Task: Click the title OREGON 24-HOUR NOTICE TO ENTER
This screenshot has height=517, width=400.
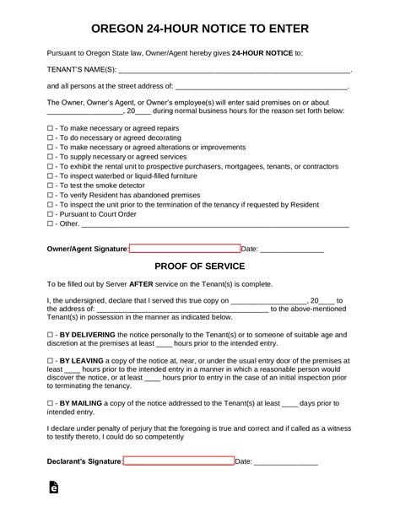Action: click(199, 29)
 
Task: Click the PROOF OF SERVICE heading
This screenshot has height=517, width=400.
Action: click(199, 266)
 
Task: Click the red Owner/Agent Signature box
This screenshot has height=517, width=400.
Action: click(185, 249)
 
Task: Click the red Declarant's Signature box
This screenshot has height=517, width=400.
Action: click(179, 461)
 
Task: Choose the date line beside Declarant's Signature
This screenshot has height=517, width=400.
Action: click(286, 463)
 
